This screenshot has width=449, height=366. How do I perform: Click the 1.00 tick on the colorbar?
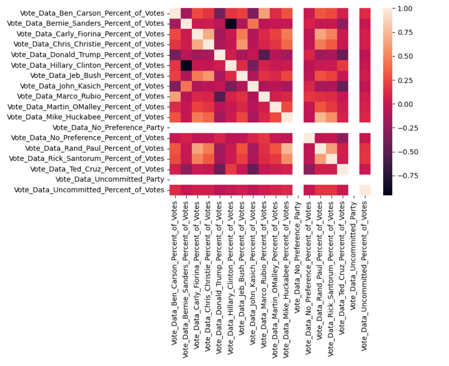tap(405, 9)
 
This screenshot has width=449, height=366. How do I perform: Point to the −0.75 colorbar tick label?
tap(407, 176)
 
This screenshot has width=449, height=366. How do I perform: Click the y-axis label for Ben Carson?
tap(92, 13)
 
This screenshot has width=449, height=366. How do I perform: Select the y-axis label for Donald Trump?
tap(87, 55)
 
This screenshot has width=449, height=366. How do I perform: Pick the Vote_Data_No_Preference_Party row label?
tap(108, 127)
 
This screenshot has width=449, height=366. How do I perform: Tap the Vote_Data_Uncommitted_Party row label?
tap(110, 179)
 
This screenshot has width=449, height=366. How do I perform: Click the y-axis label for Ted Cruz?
tap(97, 169)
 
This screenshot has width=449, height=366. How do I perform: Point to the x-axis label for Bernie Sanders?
tap(185, 279)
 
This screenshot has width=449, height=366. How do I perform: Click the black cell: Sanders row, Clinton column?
tap(231, 24)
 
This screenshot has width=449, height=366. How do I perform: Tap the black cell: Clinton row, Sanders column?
tap(186, 65)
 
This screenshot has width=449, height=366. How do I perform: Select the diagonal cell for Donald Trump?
tap(219, 55)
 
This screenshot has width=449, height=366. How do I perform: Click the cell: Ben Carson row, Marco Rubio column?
tap(264, 13)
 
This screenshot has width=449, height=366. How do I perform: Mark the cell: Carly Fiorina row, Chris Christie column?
tap(208, 34)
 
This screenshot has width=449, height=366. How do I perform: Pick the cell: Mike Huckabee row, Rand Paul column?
tap(320, 117)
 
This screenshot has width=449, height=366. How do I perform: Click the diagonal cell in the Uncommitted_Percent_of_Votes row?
tap(365, 190)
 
